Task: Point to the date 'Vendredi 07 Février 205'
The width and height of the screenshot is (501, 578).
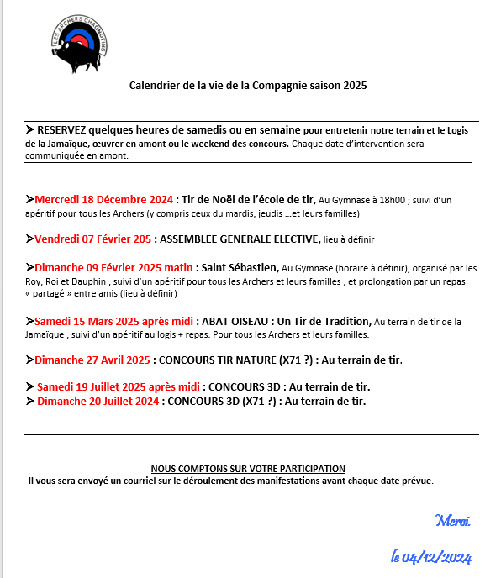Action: tap(93, 239)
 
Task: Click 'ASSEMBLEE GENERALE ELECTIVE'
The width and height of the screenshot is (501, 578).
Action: tap(239, 239)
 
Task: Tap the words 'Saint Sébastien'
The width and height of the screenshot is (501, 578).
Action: tap(242, 267)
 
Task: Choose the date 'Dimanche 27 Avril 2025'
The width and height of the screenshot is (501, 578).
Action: tap(92, 360)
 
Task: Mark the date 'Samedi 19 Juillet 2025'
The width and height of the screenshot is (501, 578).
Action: tap(92, 386)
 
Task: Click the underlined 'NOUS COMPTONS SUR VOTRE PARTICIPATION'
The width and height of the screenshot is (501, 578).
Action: tap(248, 468)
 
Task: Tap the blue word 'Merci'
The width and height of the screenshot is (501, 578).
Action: tap(453, 521)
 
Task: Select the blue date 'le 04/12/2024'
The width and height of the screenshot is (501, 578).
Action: tap(432, 556)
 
